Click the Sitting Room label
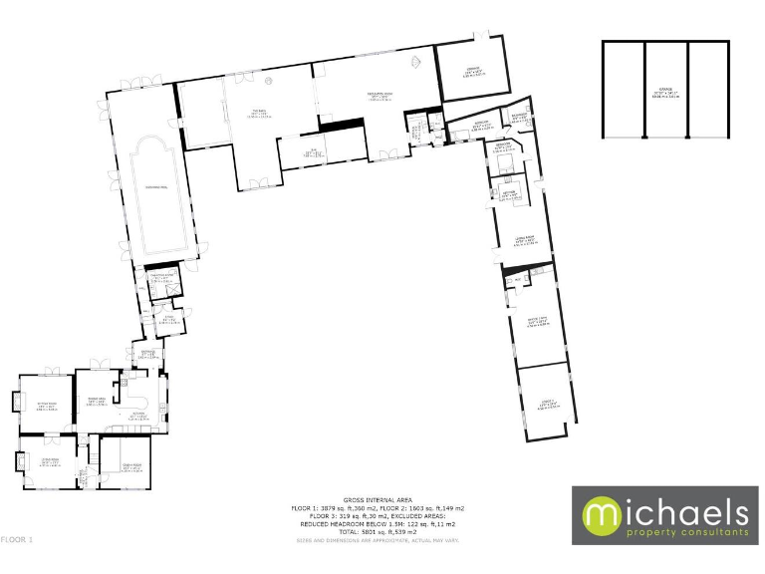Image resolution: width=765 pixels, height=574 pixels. coord(45,407)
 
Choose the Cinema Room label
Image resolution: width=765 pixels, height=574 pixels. coord(536,323)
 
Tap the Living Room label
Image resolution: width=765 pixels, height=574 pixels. coord(520,239)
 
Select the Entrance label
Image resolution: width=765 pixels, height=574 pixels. coord(145,355)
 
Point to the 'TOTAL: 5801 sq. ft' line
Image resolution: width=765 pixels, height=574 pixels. coord(377,531)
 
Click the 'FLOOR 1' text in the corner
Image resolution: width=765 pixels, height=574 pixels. coord(17,539)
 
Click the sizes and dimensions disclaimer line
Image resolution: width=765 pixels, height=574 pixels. coord(377,540)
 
